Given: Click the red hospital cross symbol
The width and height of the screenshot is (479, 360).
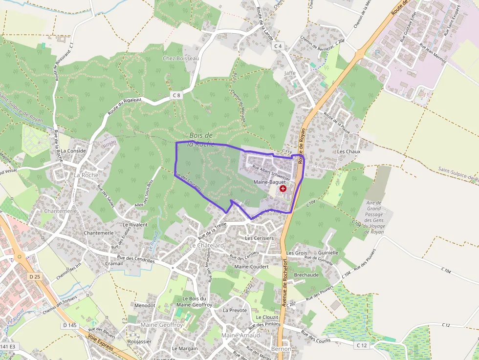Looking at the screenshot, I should tap(283, 189).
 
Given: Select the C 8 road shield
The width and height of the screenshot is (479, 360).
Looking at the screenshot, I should tap(176, 96).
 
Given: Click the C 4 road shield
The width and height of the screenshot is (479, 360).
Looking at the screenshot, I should tap(278, 46).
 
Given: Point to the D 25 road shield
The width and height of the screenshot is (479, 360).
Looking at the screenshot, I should tap(34, 276).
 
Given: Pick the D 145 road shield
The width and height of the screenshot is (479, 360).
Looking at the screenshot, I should tap(70, 325).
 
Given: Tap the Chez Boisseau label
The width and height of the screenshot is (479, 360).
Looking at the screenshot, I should tap(181, 59).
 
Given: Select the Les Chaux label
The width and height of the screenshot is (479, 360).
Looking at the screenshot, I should tap(348, 151).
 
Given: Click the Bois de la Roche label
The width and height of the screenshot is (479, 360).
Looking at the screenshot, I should tap(201, 139).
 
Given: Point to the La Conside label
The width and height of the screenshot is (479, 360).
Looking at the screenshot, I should tap(73, 151).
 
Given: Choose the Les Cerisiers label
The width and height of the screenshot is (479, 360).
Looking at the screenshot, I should tap(259, 238).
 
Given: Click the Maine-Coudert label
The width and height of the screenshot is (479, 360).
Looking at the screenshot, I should tap(252, 267).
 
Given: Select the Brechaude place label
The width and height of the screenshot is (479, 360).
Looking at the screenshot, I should tap(306, 275).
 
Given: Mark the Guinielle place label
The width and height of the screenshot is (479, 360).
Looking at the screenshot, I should tap(328, 253).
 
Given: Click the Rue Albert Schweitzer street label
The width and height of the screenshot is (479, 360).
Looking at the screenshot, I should tap(271, 173).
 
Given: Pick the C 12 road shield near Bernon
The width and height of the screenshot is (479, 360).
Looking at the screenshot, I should tap(362, 345).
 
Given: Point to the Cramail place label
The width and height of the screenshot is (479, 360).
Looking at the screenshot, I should tap(114, 263).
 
